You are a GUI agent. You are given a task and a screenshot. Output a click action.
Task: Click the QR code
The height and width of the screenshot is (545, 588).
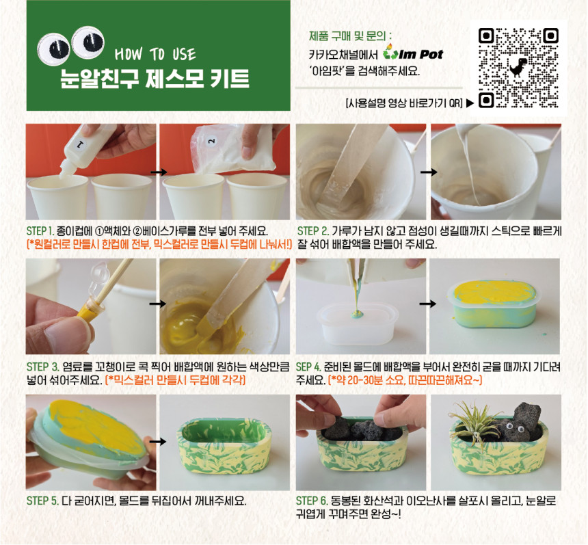tap(518, 68)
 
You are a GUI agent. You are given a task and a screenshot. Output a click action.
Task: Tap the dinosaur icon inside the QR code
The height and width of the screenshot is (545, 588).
tap(518, 68)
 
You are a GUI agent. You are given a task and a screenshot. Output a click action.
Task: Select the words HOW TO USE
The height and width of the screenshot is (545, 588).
tap(155, 55)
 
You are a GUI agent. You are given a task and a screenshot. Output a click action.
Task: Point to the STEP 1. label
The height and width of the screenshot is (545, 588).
tap(40, 230)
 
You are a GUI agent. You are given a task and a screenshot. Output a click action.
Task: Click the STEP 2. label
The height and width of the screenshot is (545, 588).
tap(312, 230)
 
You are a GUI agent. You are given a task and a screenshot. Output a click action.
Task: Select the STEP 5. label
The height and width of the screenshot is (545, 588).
tap(42, 501)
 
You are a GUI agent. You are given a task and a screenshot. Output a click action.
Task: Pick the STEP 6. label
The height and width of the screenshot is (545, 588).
tap(312, 501)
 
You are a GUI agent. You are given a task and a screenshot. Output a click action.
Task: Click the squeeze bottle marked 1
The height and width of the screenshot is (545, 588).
tap(86, 150)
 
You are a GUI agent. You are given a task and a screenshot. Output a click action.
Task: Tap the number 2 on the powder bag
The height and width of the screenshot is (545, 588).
tap(211, 141)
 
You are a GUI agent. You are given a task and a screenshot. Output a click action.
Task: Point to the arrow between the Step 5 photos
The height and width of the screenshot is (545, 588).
tap(158, 442)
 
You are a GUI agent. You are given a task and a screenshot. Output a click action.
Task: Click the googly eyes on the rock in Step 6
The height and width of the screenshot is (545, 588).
tap(514, 427)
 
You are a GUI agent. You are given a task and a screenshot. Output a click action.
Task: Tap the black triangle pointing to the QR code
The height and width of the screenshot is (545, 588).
tap(470, 103)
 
